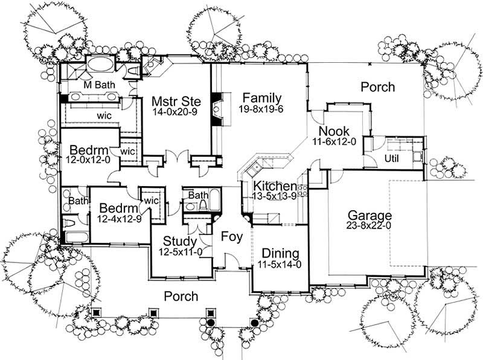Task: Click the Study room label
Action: point(181,242)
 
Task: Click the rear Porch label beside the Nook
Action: point(377,87)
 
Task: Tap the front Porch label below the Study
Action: point(181,296)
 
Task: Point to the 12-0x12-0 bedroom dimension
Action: point(88,160)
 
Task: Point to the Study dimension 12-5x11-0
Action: point(181,252)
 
